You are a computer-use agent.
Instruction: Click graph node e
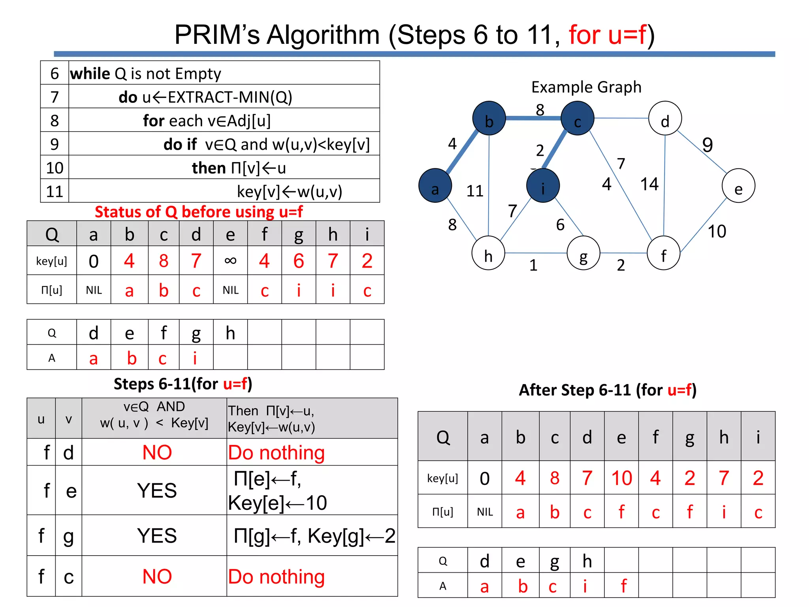738,186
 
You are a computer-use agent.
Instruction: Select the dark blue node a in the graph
435,186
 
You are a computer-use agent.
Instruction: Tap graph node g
583,253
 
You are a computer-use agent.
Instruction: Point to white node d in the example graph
665,118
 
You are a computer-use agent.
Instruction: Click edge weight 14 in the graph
649,184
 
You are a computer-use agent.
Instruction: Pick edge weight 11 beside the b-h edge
474,191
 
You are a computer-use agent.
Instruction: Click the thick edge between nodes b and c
533,118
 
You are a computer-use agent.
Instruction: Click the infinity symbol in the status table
230,260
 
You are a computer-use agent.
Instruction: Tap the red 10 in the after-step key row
621,478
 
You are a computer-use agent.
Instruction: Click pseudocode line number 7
55,97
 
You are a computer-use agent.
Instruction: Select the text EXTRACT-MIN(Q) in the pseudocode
230,97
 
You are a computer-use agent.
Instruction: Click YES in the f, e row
157,490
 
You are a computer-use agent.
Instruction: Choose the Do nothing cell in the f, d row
276,452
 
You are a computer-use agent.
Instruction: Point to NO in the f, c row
157,577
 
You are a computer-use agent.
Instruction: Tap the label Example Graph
586,87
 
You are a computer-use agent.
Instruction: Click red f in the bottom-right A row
623,586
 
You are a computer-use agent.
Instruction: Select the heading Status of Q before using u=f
199,212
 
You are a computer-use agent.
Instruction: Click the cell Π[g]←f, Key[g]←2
314,536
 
